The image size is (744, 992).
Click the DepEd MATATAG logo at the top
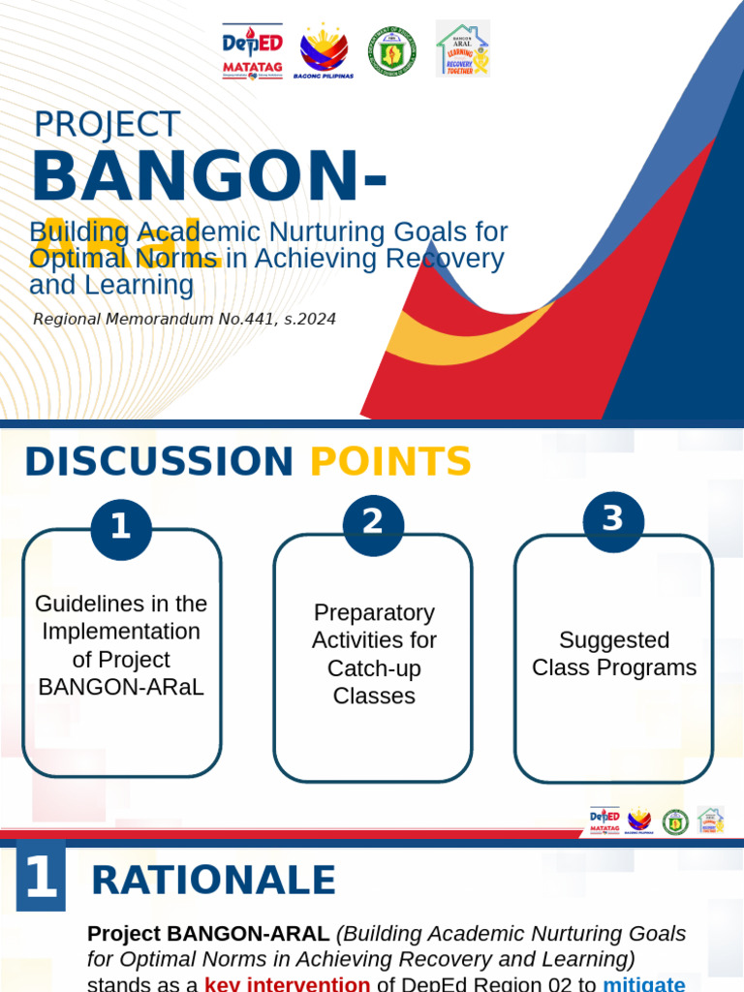point(252,50)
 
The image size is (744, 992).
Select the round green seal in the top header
point(392,50)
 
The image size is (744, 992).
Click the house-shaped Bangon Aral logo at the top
point(462,48)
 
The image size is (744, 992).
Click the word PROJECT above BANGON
point(107,125)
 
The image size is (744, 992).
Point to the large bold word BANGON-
point(209,177)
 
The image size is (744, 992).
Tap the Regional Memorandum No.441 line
point(184,319)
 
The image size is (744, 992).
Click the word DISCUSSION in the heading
point(159,462)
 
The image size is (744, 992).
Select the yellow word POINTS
point(390,462)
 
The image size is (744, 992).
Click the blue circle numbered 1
point(121,529)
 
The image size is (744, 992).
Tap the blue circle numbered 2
point(373,524)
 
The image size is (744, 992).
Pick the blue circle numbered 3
point(613,520)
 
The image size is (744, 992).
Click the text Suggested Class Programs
point(614,654)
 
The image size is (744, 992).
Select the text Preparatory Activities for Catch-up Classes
point(374,654)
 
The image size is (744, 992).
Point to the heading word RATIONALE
point(213,881)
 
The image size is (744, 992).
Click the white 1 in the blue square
point(41,877)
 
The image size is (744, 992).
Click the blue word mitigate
point(643,983)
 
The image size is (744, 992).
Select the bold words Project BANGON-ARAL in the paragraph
point(208,934)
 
